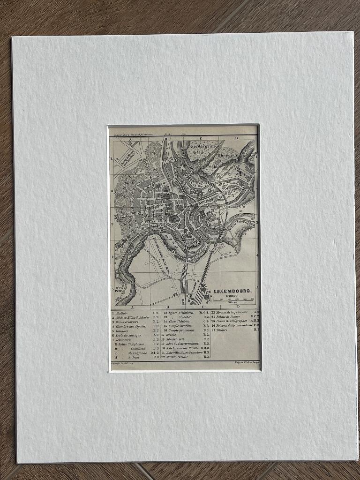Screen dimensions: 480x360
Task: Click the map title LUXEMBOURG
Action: [232, 291]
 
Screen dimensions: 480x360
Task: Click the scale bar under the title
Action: [232, 300]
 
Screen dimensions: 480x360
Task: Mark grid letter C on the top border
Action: [201, 138]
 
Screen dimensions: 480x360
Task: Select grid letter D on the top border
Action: [236, 138]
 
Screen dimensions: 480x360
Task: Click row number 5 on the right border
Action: [257, 287]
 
